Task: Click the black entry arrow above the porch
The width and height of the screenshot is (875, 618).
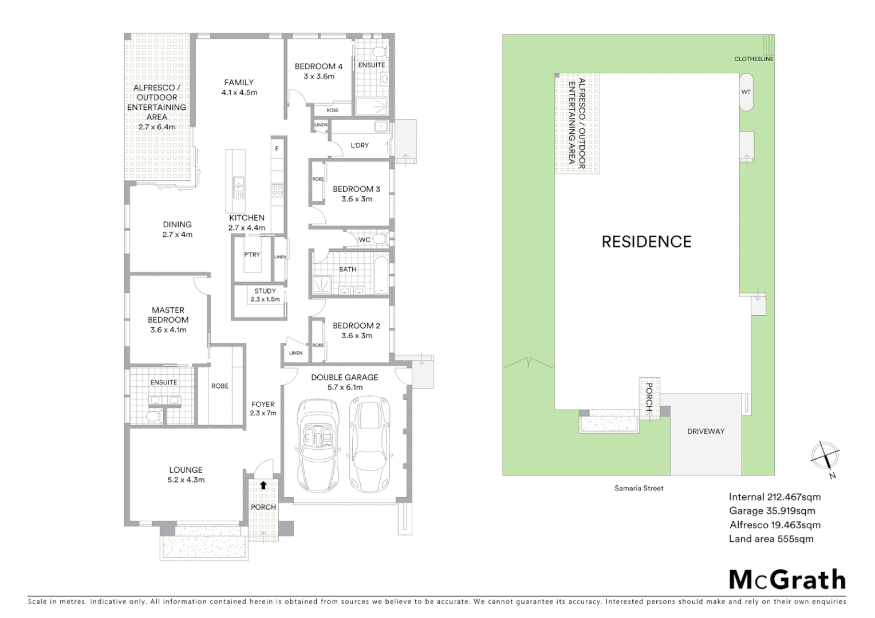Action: pos(263,485)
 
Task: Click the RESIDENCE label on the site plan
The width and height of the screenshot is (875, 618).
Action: pos(646,241)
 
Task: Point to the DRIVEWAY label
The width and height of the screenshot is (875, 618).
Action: pos(705,431)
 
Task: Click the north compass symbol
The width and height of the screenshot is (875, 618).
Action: pos(825,456)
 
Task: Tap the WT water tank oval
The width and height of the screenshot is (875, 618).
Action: pos(746,92)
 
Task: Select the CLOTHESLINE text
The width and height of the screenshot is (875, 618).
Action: pos(754,59)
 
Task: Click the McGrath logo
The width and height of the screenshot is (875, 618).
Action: pos(787,580)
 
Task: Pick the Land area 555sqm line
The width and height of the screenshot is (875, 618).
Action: pos(771,539)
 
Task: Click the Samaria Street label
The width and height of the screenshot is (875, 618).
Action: pos(639,488)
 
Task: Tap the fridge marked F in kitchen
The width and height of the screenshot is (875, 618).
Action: pos(277,149)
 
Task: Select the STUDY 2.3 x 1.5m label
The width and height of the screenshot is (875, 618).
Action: pos(265,295)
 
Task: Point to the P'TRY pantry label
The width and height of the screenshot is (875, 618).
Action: pos(252,255)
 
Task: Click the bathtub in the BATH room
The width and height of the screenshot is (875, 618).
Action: pos(381,276)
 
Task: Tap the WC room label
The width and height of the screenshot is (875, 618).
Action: pos(365,240)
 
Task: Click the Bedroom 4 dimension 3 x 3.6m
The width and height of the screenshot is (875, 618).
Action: pos(319,77)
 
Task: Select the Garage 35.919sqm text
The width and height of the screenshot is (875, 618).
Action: pos(772,511)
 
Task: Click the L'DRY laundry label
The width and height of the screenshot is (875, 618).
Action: pos(360,145)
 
